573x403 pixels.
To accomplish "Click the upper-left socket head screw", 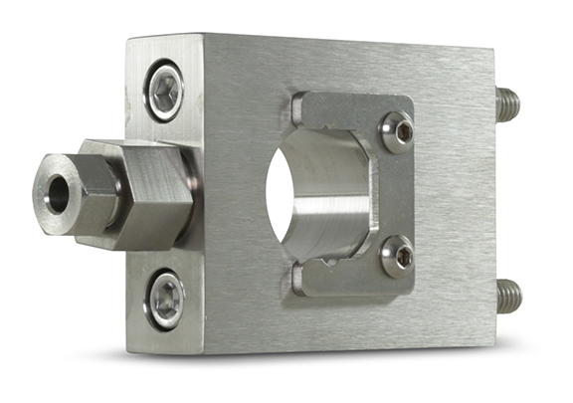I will (x=165, y=93).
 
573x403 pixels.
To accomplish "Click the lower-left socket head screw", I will (x=165, y=299).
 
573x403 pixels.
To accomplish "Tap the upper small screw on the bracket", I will (x=397, y=131).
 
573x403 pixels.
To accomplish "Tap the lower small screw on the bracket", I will (x=398, y=256).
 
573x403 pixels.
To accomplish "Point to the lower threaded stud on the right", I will (x=508, y=294).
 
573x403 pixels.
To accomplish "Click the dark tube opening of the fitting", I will (x=55, y=194).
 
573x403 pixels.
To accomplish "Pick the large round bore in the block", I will (x=318, y=195).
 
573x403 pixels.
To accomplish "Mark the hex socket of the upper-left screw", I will (x=165, y=93).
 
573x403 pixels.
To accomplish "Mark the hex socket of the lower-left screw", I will (x=165, y=299).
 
